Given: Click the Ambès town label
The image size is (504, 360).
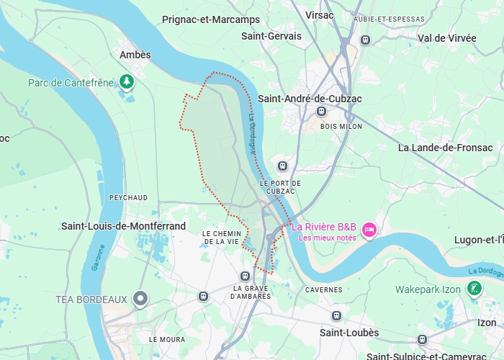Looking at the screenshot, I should tap(135, 55).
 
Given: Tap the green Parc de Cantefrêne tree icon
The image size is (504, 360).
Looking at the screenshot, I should tap(127, 82).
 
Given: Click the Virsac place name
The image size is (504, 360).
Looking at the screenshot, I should tap(320, 14).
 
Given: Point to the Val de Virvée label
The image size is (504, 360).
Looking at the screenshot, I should tap(447, 38).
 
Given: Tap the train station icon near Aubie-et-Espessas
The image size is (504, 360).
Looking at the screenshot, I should tap(366, 40).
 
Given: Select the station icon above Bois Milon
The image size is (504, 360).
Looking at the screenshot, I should tap(321, 112).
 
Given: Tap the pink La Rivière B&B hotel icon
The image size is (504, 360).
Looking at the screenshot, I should tap(369, 230).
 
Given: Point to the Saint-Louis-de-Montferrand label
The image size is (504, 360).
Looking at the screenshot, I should tap(123, 226).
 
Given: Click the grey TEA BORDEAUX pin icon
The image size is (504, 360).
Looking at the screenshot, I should tap(140, 298).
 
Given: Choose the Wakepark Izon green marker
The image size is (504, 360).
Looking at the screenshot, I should tap(474, 289).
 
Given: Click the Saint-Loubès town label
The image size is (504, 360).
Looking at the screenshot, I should tap(349, 333).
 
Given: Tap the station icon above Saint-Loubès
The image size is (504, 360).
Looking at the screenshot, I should tap(336, 316).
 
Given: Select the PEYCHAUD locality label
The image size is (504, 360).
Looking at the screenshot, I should tap(128, 197).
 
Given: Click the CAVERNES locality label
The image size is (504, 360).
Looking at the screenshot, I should tap(324, 289).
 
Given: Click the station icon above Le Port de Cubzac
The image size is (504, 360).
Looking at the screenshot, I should tap(283, 166).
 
